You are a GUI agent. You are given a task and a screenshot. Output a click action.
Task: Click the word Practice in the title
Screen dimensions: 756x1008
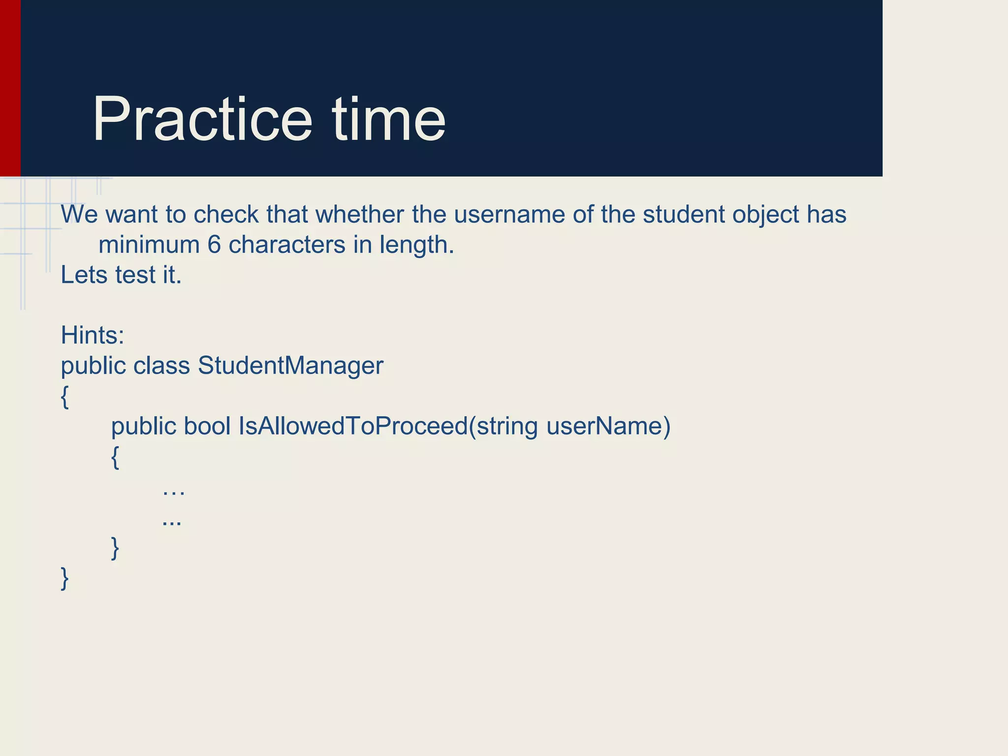click(x=202, y=120)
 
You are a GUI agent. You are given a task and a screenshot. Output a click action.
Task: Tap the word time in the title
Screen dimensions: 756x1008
click(x=389, y=120)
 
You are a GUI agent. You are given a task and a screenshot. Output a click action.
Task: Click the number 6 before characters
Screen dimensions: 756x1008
click(x=214, y=245)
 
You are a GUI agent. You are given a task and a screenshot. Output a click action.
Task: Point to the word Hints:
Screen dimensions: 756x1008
click(x=93, y=335)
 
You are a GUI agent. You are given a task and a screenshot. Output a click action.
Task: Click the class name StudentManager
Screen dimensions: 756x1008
click(x=290, y=366)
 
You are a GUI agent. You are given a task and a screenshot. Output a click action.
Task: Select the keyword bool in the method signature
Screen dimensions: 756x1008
click(x=207, y=426)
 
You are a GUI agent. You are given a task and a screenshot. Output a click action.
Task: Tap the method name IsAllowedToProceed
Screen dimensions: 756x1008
click(x=353, y=426)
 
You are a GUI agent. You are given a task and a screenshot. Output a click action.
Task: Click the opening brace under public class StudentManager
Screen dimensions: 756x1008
click(x=64, y=397)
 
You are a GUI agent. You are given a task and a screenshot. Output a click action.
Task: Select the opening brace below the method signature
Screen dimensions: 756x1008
click(x=115, y=457)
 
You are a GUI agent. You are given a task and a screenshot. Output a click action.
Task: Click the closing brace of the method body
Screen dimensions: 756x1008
click(x=115, y=548)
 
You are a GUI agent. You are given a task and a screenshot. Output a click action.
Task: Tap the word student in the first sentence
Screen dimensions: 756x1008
click(x=683, y=215)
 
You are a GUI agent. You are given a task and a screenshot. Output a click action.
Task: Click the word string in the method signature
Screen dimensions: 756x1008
click(x=507, y=426)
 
